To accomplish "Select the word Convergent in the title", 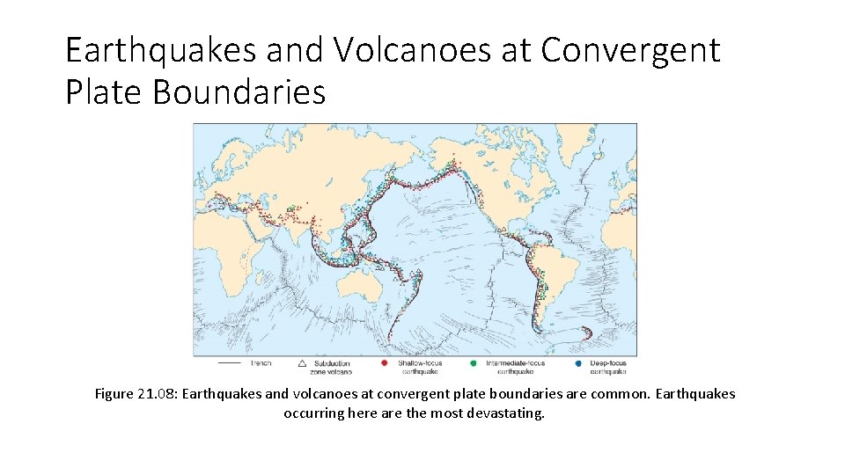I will pos(630,51).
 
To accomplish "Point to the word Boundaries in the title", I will pos(239,91).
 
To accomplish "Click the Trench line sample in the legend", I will pos(230,363).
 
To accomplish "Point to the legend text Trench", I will pos(261,363).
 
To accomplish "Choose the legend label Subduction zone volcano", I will pos(333,368).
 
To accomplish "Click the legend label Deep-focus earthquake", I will pos(608,368).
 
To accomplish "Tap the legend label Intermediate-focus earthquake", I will pos(513,368).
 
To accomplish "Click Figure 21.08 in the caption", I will pos(136,394).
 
